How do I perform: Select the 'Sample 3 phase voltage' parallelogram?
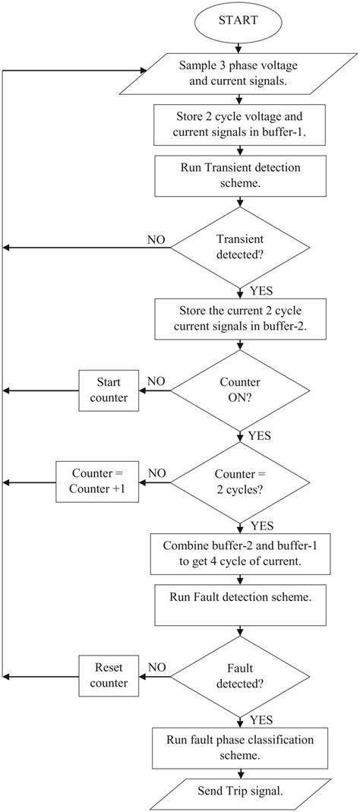click(240, 72)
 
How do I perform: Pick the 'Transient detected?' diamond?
click(240, 247)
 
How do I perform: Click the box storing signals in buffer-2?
click(240, 319)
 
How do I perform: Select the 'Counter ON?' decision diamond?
click(240, 390)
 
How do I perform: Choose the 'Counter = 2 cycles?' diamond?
click(240, 482)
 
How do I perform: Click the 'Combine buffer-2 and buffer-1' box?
click(240, 554)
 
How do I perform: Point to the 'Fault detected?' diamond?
click(240, 675)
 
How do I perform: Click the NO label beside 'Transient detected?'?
click(156, 239)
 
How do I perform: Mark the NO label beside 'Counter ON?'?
click(156, 381)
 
